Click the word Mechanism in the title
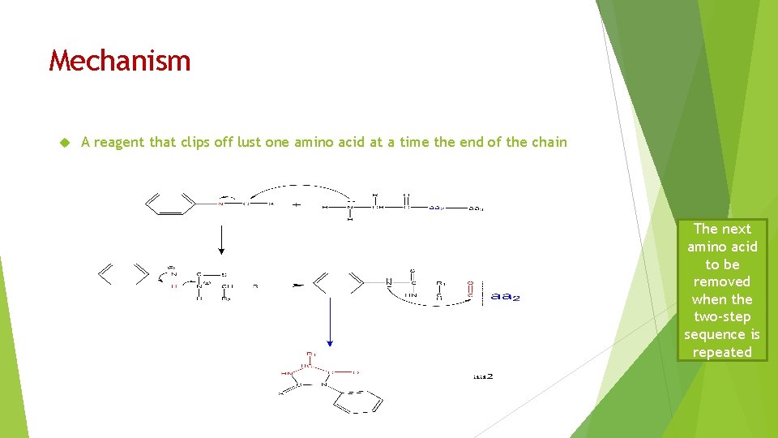pyautogui.click(x=120, y=61)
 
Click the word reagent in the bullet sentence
pyautogui.click(x=121, y=143)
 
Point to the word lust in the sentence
pyautogui.click(x=248, y=142)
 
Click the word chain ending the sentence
pyautogui.click(x=549, y=142)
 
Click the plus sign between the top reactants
pyautogui.click(x=296, y=204)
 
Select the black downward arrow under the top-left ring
pyautogui.click(x=222, y=238)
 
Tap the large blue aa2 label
pyautogui.click(x=505, y=297)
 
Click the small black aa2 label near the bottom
pyautogui.click(x=483, y=376)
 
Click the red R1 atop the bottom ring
pyautogui.click(x=310, y=354)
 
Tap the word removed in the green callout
pyautogui.click(x=722, y=281)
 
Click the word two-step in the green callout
pyautogui.click(x=722, y=316)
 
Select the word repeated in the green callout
pyautogui.click(x=722, y=352)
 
